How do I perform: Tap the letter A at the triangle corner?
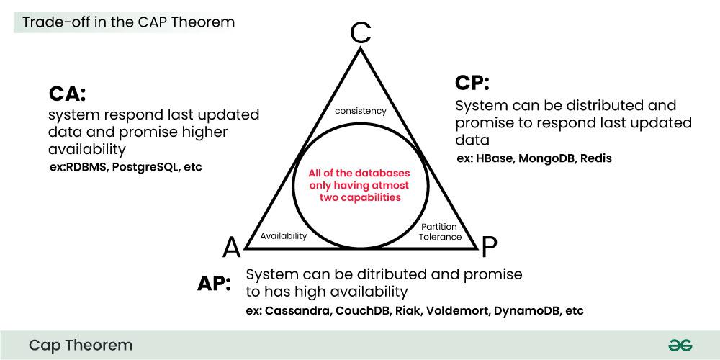coord(231,247)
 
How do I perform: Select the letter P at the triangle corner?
coord(489,247)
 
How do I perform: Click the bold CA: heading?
coord(68,94)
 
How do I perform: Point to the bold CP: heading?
coord(472,83)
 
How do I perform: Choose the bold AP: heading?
coord(214,283)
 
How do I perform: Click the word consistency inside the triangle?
coord(361,111)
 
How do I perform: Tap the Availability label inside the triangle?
coord(284,235)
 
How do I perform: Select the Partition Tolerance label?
coord(440,231)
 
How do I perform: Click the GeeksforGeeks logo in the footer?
coord(680,346)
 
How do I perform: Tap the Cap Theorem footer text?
coord(81,346)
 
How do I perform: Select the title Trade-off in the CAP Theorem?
coord(128,22)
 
